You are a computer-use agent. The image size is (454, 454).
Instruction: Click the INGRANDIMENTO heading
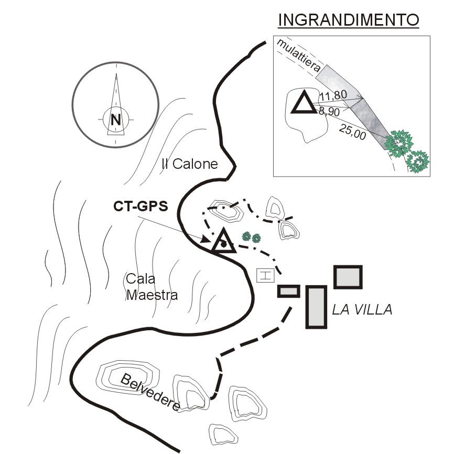coord(349,20)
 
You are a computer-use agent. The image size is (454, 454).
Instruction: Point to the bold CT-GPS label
coord(140,206)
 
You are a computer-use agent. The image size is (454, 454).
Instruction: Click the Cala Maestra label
coord(152,286)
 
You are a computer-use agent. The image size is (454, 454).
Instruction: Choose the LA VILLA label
coord(362,310)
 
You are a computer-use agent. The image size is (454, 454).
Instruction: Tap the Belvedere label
coord(152,392)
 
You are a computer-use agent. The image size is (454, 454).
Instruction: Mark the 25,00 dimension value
coord(352,130)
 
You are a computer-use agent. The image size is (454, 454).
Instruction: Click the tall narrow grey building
coord(316,307)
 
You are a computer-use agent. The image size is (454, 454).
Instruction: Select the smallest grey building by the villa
coord(288,291)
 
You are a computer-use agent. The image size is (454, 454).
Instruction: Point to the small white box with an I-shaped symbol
coord(265,275)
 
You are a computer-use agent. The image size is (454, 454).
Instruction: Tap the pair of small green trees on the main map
coord(251,237)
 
